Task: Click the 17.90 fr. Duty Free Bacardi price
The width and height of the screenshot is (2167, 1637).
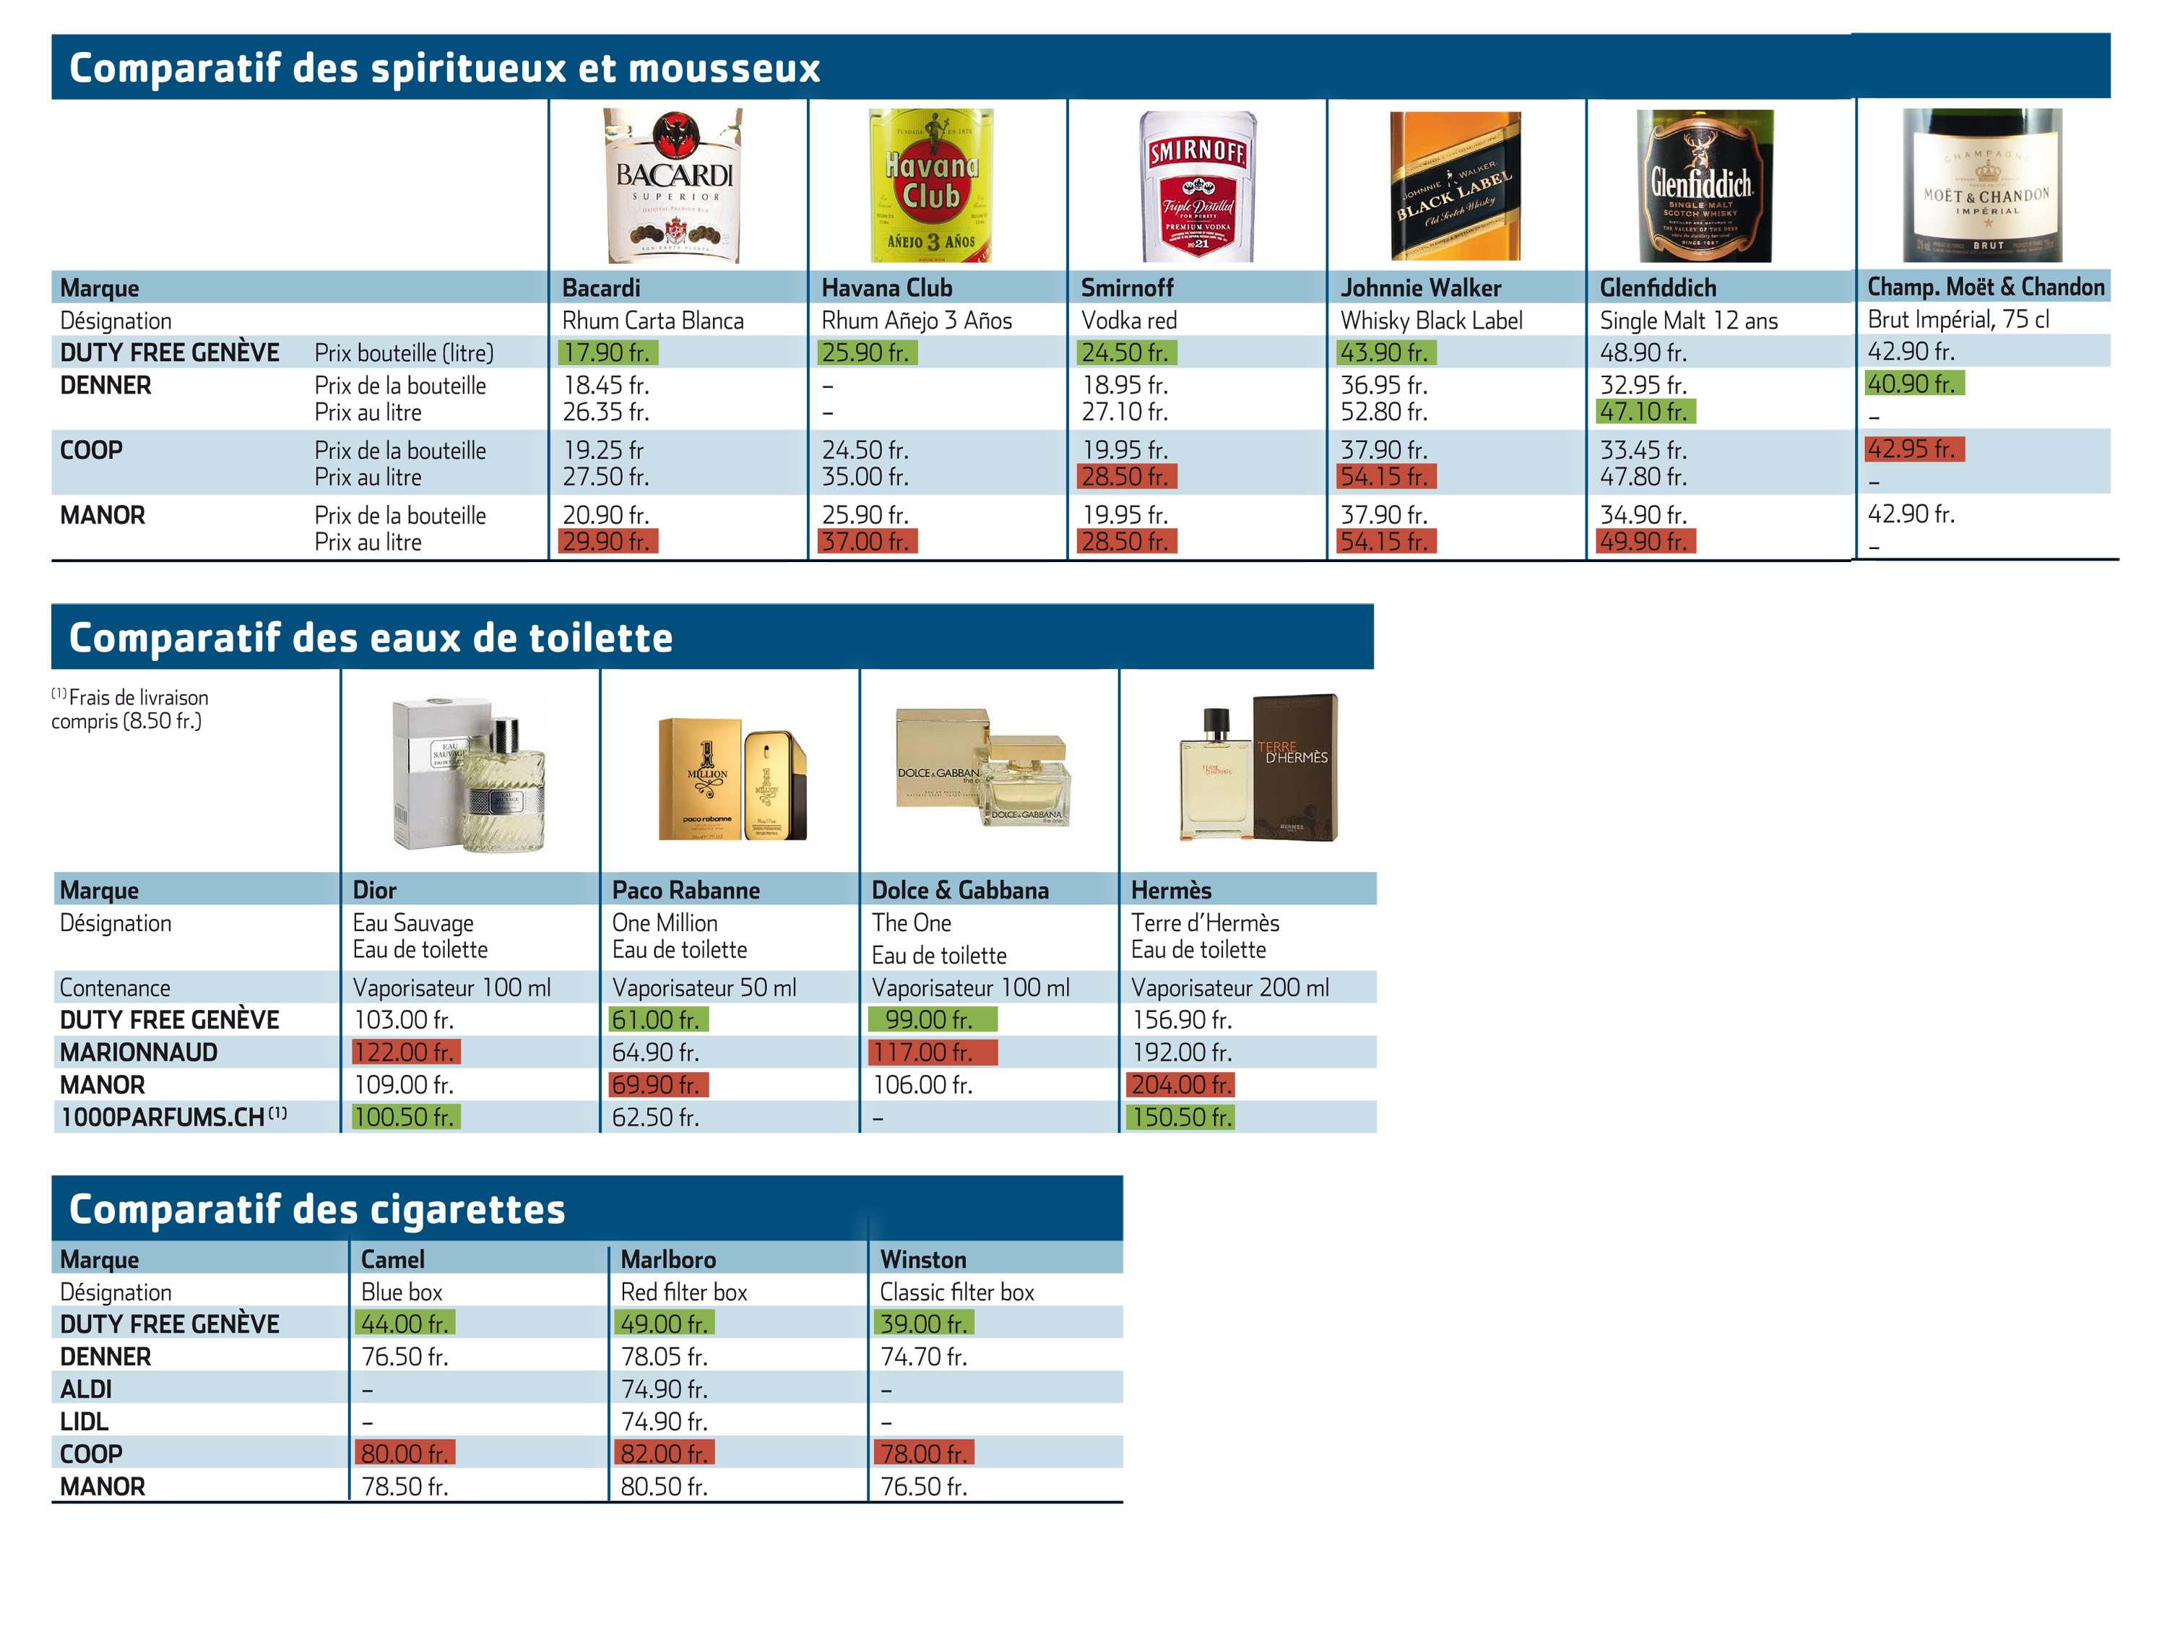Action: [607, 353]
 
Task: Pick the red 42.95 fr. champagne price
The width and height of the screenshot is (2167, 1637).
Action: [1914, 449]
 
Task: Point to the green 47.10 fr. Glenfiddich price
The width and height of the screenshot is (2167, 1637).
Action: [1645, 412]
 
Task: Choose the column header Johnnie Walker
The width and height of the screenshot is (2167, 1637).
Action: [1421, 288]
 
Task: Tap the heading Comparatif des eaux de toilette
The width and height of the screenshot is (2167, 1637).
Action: [371, 638]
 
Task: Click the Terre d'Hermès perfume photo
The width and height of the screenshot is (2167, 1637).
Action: [1259, 767]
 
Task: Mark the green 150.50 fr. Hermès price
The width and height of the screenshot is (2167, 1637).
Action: [1182, 1117]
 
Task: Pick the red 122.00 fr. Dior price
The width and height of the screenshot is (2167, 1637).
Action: [405, 1052]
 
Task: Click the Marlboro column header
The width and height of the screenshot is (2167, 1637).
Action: [668, 1259]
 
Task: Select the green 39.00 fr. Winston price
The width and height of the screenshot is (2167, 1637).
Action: [923, 1323]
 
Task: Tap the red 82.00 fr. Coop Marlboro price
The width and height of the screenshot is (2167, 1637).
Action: [665, 1453]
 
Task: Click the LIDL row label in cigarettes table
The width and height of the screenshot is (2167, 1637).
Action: [85, 1422]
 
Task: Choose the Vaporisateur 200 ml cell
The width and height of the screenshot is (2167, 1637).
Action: [1229, 988]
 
